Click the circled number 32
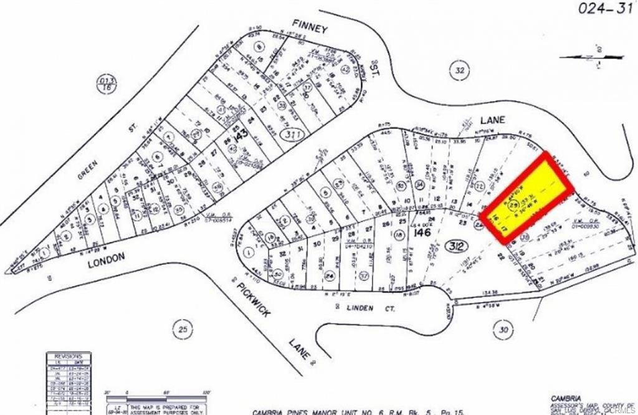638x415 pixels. [x=459, y=70]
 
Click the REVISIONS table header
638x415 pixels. [x=68, y=356]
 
